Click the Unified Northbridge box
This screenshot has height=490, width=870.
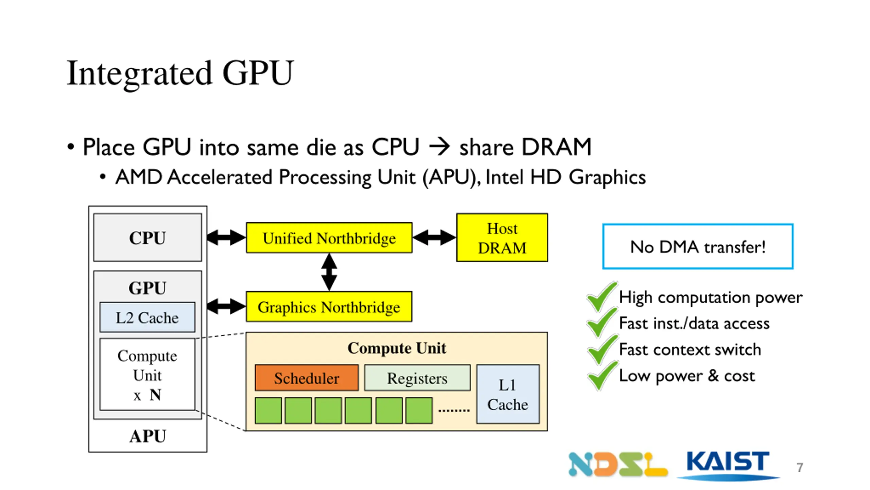pyautogui.click(x=329, y=238)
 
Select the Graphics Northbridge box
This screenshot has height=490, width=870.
pyautogui.click(x=329, y=307)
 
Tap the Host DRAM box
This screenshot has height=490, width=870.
pyautogui.click(x=502, y=238)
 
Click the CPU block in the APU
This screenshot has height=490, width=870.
pyautogui.click(x=147, y=238)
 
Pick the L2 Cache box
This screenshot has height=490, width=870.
pyautogui.click(x=147, y=317)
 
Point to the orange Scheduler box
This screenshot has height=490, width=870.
pyautogui.click(x=307, y=378)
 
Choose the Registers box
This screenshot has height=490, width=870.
pyautogui.click(x=417, y=378)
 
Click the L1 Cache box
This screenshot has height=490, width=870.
pyautogui.click(x=508, y=394)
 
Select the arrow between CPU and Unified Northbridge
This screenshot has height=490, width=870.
pyautogui.click(x=226, y=238)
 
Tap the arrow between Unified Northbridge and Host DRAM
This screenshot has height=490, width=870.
pyautogui.click(x=434, y=238)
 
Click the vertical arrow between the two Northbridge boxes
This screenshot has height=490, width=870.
pyautogui.click(x=329, y=272)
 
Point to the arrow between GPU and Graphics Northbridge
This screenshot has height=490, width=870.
pyautogui.click(x=226, y=306)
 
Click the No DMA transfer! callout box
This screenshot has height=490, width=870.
pyautogui.click(x=698, y=246)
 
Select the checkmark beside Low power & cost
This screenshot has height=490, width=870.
pyautogui.click(x=602, y=376)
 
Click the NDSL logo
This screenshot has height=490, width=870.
pyautogui.click(x=618, y=464)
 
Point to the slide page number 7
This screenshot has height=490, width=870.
pyautogui.click(x=800, y=468)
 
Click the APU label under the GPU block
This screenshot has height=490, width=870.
pyautogui.click(x=147, y=436)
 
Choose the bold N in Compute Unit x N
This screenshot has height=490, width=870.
pyautogui.click(x=155, y=395)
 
